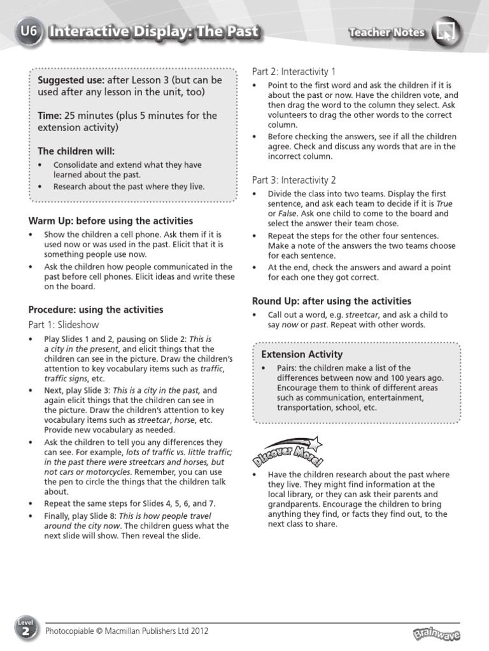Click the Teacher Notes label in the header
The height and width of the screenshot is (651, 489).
386,32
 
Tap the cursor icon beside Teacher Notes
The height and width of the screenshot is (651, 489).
447,32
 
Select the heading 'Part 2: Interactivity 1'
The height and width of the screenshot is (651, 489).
294,71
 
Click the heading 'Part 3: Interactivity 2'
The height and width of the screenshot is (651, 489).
294,180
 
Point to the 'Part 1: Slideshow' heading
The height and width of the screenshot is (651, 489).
64,325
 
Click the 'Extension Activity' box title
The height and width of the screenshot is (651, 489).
302,354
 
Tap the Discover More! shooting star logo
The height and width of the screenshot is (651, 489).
287,450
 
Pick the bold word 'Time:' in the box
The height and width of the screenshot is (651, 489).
50,116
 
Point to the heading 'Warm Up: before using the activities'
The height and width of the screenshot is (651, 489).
111,221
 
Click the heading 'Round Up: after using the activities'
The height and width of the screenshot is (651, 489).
332,301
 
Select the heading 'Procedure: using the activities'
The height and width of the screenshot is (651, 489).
96,310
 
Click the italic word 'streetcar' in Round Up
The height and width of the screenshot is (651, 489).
362,315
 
